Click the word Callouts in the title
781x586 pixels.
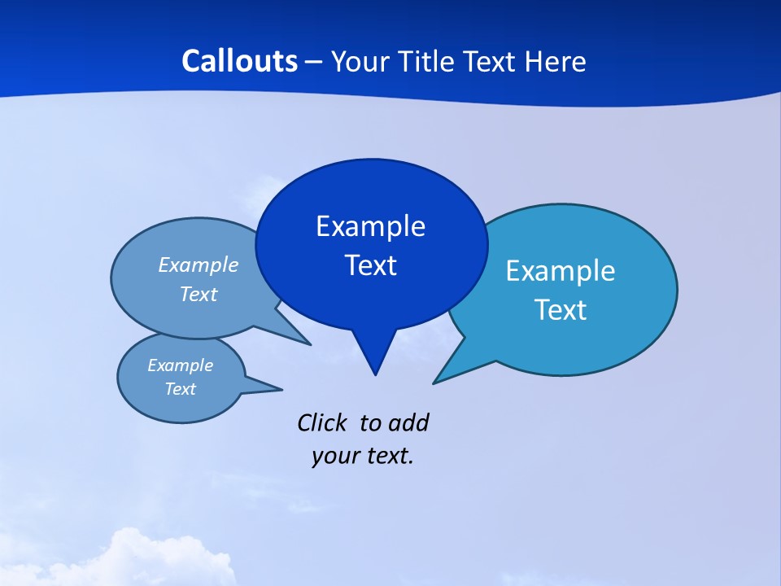click(239, 61)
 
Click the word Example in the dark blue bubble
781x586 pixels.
click(370, 226)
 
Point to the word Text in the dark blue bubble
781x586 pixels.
click(370, 265)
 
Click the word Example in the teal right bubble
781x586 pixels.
click(561, 271)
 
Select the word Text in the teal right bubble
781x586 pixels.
click(561, 310)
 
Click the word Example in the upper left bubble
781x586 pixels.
click(199, 265)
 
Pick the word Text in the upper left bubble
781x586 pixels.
click(199, 294)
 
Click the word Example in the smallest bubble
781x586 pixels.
click(181, 365)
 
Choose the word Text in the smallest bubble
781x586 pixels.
click(181, 389)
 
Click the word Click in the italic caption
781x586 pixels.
click(321, 423)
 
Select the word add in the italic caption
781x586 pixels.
click(408, 423)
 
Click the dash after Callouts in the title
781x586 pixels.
click(314, 61)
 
